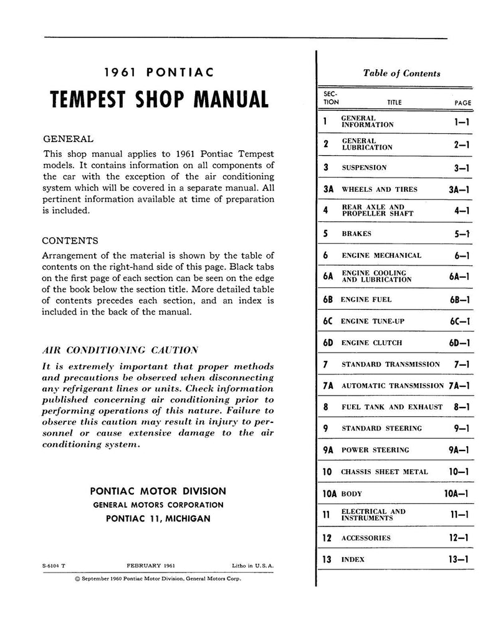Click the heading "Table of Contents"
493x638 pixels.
pyautogui.click(x=401, y=73)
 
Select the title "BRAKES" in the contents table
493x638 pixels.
pyautogui.click(x=356, y=234)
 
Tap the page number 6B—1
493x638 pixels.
pyautogui.click(x=458, y=299)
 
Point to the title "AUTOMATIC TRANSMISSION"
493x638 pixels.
pyautogui.click(x=393, y=386)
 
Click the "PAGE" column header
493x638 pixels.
pyautogui.click(x=462, y=103)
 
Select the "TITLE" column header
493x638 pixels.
pyautogui.click(x=394, y=103)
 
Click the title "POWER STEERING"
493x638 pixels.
pyautogui.click(x=375, y=450)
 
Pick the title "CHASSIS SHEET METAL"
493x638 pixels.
pyautogui.click(x=385, y=472)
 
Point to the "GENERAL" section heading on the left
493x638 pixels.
pyautogui.click(x=67, y=139)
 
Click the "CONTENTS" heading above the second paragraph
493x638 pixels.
pyautogui.click(x=69, y=240)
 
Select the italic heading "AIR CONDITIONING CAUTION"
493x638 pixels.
pyautogui.click(x=120, y=350)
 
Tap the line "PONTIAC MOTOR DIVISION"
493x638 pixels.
pyautogui.click(x=158, y=491)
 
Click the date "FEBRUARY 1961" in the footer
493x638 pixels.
pyautogui.click(x=150, y=566)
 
